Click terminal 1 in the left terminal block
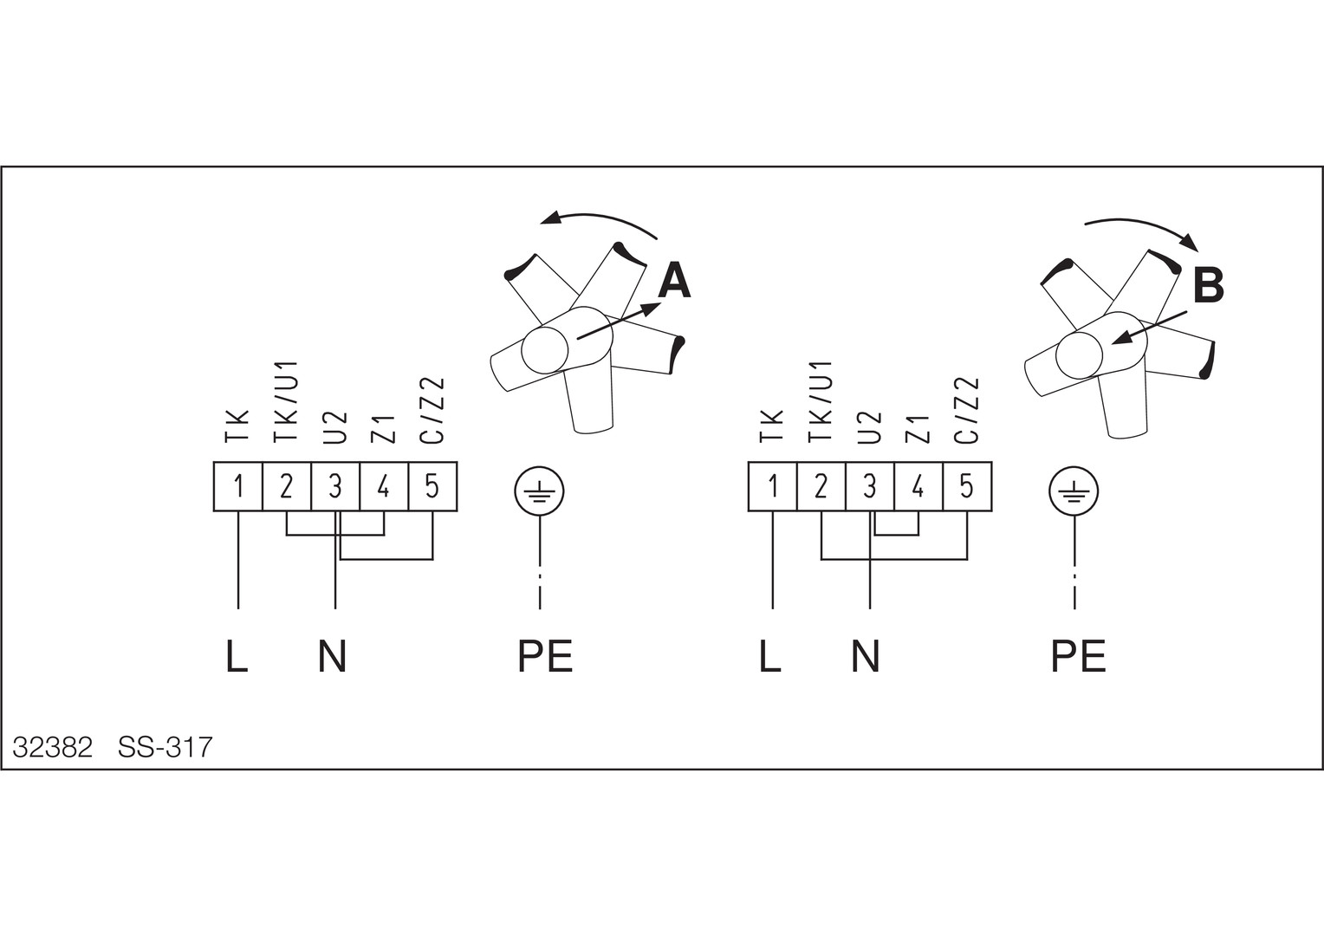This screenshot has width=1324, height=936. click(238, 486)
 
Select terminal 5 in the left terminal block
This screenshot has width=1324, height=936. click(432, 486)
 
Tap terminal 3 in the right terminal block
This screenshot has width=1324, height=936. click(869, 486)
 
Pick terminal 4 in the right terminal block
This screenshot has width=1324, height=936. click(918, 486)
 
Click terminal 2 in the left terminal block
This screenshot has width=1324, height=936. click(287, 486)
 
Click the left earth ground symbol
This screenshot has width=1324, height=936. click(540, 493)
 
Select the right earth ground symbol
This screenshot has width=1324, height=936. click(1074, 493)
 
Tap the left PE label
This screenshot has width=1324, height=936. click(545, 656)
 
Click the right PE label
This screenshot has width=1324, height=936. click(1078, 656)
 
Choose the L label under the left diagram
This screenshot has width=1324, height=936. click(237, 656)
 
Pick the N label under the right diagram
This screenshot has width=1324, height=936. click(865, 656)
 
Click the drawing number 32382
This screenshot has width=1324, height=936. click(52, 747)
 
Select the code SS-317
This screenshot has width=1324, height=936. click(165, 747)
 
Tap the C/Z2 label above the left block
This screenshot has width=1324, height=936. click(432, 410)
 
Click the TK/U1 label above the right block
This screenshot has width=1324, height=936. click(821, 400)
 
